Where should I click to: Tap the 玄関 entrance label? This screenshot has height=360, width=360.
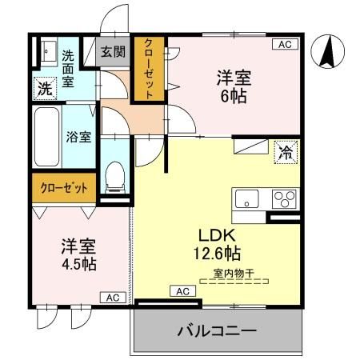coord(113,52)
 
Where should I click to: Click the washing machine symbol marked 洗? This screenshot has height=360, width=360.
coord(44,89)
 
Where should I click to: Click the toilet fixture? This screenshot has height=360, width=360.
coord(116,177)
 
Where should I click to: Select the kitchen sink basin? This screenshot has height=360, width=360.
coord(246,198)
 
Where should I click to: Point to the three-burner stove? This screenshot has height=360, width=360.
coord(282,198)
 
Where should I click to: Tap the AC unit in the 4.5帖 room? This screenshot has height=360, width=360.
coord(112,297)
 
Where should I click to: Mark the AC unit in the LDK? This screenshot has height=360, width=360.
coord(182,290)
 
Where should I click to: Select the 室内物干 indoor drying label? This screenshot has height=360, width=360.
coord(234,274)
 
